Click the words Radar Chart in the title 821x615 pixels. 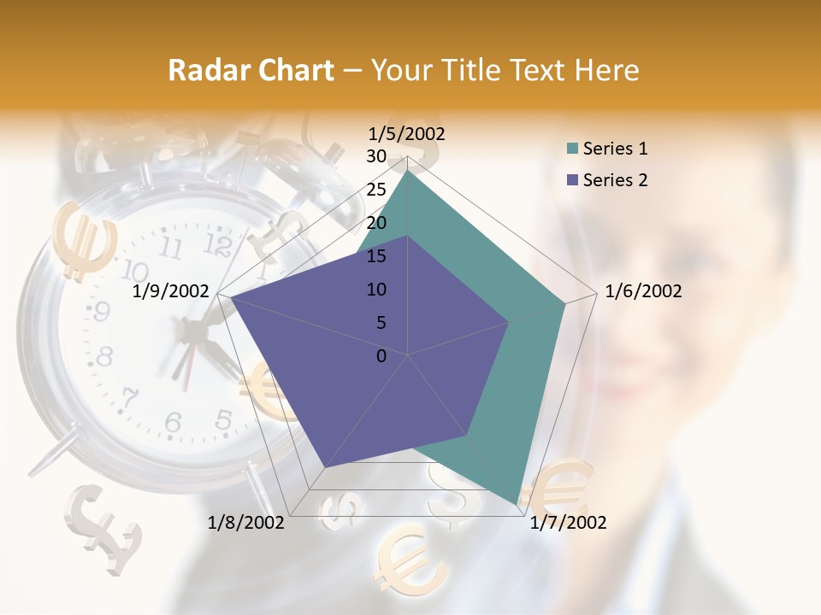click(x=251, y=70)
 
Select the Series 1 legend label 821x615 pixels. click(x=615, y=149)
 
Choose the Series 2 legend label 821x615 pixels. click(x=615, y=180)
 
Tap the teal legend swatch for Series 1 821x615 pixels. click(x=572, y=149)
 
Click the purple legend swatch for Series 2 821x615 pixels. click(x=572, y=180)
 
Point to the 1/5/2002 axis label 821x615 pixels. click(x=407, y=133)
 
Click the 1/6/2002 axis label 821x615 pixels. click(x=643, y=291)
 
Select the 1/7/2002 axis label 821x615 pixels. click(x=568, y=523)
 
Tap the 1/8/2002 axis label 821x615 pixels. click(x=246, y=523)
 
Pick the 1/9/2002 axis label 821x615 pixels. click(x=171, y=291)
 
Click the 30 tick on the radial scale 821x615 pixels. click(x=376, y=156)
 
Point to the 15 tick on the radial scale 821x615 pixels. click(x=376, y=256)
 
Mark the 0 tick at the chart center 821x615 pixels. click(x=381, y=356)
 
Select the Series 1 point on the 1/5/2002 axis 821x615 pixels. click(x=408, y=170)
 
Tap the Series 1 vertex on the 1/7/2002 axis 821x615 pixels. click(x=517, y=504)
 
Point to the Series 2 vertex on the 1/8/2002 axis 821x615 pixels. click(x=325, y=467)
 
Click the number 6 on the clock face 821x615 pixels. click(x=173, y=421)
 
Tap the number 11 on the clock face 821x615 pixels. click(x=171, y=249)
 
